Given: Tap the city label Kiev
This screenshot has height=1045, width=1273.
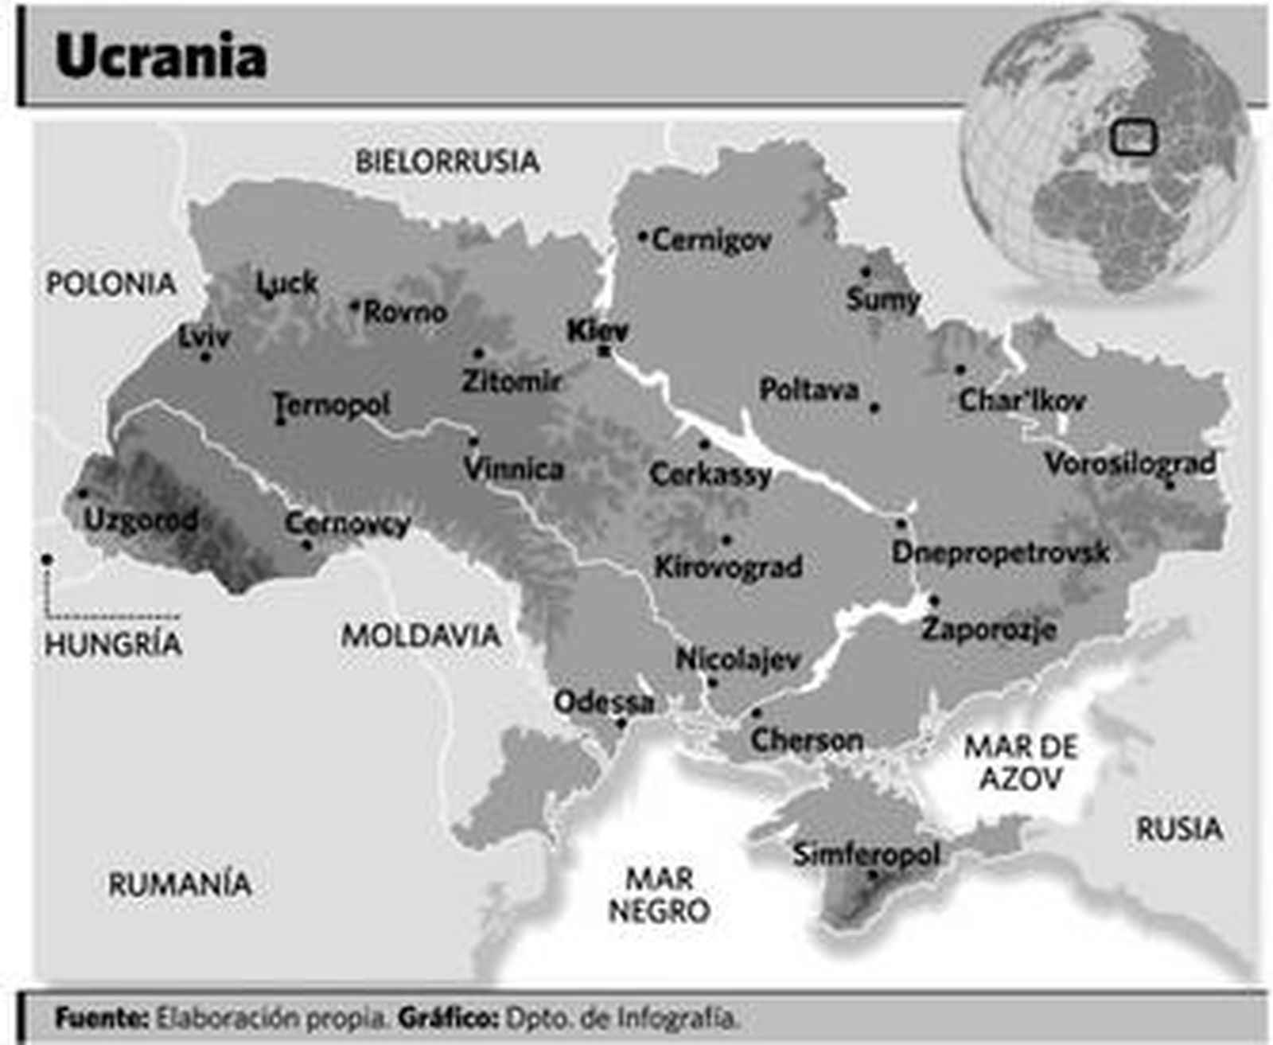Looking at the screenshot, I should tap(597, 330).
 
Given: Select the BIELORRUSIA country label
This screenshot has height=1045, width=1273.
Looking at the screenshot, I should tap(447, 162).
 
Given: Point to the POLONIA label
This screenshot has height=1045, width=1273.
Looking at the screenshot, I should tap(111, 283).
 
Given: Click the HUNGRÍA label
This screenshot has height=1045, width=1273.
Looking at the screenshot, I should tap(113, 644).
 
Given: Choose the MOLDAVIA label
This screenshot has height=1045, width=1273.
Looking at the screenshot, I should tap(421, 635).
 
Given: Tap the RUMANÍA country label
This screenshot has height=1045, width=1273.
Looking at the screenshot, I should tap(180, 884).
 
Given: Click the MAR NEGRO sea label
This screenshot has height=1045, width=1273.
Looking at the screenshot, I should tap(659, 895).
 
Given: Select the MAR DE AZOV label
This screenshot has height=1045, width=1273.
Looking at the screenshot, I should tap(1021, 762).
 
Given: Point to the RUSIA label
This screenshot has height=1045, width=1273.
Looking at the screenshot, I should tap(1178, 829).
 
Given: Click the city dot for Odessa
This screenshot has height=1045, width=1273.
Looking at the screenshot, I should tap(622, 723).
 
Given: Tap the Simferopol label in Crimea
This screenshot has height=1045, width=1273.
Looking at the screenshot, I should tap(866, 855).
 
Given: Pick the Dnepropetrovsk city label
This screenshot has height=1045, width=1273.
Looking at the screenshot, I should tap(1000, 552).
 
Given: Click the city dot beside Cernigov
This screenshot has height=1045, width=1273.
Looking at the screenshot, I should tap(643, 236).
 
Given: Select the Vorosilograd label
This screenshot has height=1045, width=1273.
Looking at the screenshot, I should tap(1130, 463).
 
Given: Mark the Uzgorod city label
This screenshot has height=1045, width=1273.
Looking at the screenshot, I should tap(141, 520).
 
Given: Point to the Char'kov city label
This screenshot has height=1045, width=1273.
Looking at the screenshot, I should tap(1022, 400).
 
